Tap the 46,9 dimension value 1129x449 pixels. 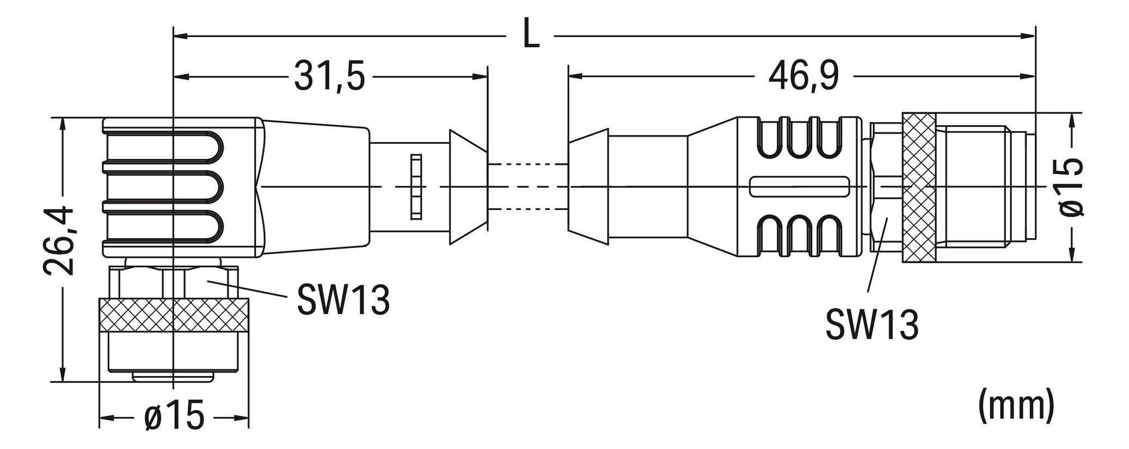[x=803, y=77]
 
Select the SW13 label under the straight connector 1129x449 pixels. [x=872, y=325]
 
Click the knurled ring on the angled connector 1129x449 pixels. [x=173, y=315]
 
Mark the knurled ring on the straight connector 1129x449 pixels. [x=918, y=188]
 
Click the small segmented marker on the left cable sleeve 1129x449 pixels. [x=416, y=187]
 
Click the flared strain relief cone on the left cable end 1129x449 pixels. [x=467, y=187]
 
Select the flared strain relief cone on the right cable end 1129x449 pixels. [x=588, y=187]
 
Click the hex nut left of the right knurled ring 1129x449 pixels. [x=886, y=188]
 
